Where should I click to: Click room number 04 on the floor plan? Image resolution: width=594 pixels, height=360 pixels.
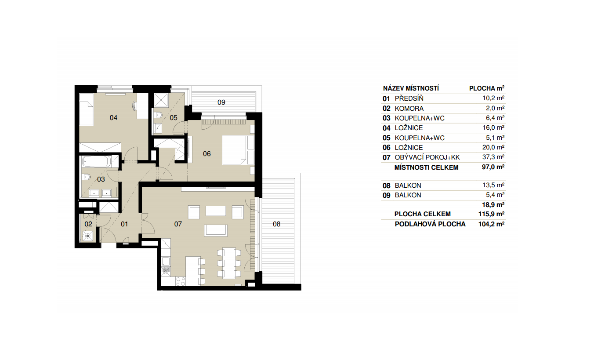(113, 117)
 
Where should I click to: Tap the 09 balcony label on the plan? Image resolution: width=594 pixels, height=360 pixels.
(221, 102)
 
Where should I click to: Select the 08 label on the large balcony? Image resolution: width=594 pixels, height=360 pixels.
(277, 224)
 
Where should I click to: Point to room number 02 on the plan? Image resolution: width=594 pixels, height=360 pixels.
(88, 224)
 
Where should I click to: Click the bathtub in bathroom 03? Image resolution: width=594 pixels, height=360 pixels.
(97, 162)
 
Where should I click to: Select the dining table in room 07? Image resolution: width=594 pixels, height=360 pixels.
(229, 263)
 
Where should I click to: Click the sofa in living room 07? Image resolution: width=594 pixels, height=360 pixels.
(216, 230)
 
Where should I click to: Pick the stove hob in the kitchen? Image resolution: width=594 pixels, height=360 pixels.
(181, 281)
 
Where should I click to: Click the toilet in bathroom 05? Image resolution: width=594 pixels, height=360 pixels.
(159, 115)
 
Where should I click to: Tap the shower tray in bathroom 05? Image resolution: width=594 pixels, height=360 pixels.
(161, 100)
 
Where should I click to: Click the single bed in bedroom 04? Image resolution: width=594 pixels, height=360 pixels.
(87, 109)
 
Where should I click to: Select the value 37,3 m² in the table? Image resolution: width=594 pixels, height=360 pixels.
(493, 157)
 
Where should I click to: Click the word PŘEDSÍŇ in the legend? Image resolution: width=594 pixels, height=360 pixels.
(409, 98)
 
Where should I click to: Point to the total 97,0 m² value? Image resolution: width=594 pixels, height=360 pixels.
(493, 167)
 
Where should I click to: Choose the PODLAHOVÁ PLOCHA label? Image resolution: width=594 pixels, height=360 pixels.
(430, 224)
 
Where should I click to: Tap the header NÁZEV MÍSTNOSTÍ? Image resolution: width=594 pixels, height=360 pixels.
(411, 88)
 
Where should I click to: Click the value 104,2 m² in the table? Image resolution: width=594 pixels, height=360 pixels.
(491, 224)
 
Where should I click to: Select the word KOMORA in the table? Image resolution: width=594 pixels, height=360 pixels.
(409, 109)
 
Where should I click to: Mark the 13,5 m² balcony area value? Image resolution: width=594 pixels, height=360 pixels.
(493, 185)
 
